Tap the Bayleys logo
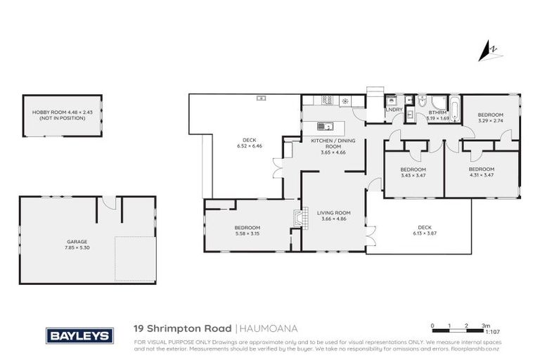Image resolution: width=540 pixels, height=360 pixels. [79, 335]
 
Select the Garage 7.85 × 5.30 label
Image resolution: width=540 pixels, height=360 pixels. [77, 245]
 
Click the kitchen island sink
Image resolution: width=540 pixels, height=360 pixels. [324, 127]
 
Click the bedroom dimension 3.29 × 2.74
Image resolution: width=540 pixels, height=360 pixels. [491, 120]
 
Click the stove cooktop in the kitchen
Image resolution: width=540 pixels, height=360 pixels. [327, 101]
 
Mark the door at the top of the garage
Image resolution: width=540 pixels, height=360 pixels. [108, 202]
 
